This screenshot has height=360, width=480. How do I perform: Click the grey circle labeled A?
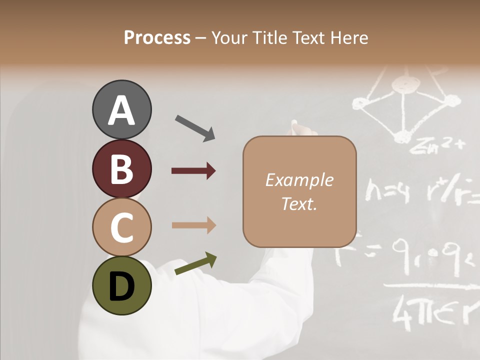[121, 109]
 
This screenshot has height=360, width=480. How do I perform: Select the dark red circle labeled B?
[121, 168]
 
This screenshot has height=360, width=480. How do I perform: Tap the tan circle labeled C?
[121, 227]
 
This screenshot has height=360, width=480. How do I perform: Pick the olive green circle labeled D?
[121, 286]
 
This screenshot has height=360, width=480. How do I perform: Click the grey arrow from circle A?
[195, 128]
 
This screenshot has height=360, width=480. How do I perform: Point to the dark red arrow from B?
[193, 171]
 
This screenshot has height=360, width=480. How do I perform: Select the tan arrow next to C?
[193, 225]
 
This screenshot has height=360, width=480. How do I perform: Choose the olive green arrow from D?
[195, 263]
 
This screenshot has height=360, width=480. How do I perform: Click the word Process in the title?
[157, 38]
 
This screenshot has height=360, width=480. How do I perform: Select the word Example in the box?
[299, 180]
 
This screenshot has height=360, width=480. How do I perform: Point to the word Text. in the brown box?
[299, 203]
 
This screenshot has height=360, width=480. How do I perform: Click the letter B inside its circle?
[121, 169]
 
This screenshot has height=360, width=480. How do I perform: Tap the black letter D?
[121, 286]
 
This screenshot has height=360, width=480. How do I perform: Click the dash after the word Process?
[201, 38]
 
